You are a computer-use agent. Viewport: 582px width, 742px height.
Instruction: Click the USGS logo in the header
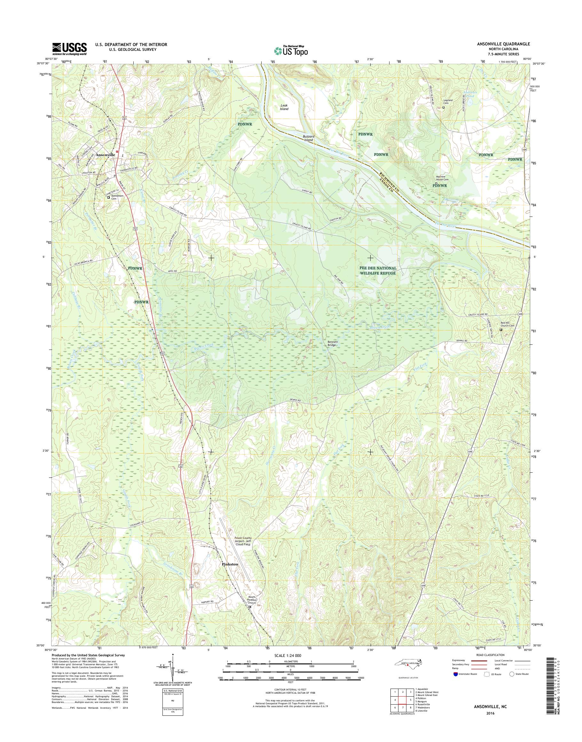click(69, 49)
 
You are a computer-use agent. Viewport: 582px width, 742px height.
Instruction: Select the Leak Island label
click(284, 107)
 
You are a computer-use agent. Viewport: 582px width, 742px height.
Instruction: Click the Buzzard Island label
click(308, 138)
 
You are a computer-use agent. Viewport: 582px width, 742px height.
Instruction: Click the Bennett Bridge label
click(332, 343)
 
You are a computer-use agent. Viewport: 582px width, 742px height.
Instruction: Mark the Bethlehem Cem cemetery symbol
click(109, 197)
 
